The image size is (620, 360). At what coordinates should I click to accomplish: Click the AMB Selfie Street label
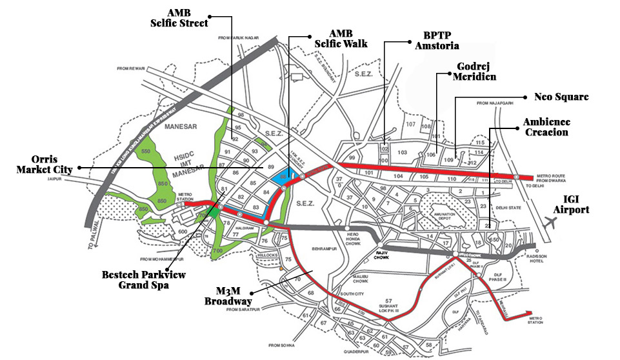click(179, 17)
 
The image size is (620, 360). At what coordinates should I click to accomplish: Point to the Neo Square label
click(561, 97)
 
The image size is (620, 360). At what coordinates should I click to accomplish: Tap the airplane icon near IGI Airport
click(550, 223)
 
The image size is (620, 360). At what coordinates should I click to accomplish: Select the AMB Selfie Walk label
click(341, 38)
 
